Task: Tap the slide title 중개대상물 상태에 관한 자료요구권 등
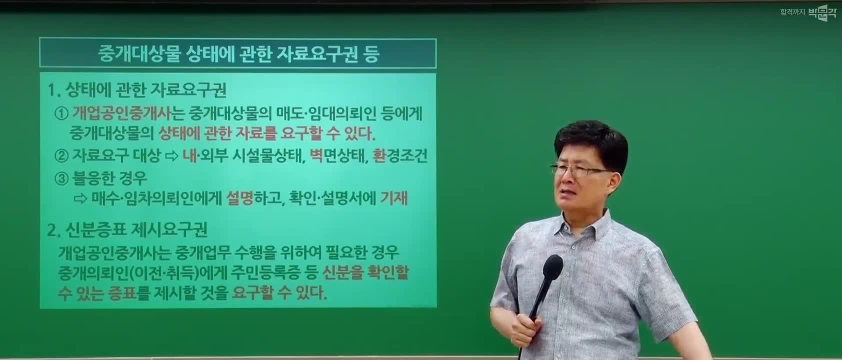point(238,54)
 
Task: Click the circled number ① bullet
point(61,113)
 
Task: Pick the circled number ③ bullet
point(61,178)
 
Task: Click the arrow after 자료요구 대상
point(172,156)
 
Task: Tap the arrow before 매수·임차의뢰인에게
point(80,198)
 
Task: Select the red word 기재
point(394,198)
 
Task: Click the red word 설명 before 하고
point(239,198)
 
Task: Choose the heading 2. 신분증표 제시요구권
point(127,229)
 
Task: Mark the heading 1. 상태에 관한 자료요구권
point(137,90)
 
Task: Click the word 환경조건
point(400,155)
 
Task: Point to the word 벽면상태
point(337,155)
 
